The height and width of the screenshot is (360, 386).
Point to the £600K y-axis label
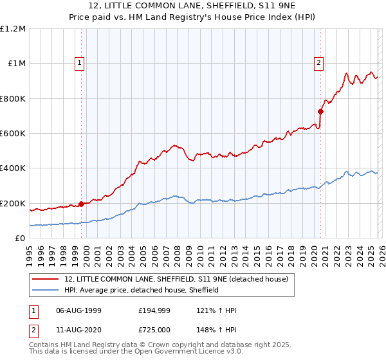click(x=13, y=134)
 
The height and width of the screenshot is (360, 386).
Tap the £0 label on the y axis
click(x=21, y=239)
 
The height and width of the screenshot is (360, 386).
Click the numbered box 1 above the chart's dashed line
click(x=79, y=62)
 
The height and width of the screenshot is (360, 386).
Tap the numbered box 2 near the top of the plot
click(x=318, y=62)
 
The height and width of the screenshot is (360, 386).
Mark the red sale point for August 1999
click(x=81, y=204)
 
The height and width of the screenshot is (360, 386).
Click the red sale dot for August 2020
click(x=320, y=112)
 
